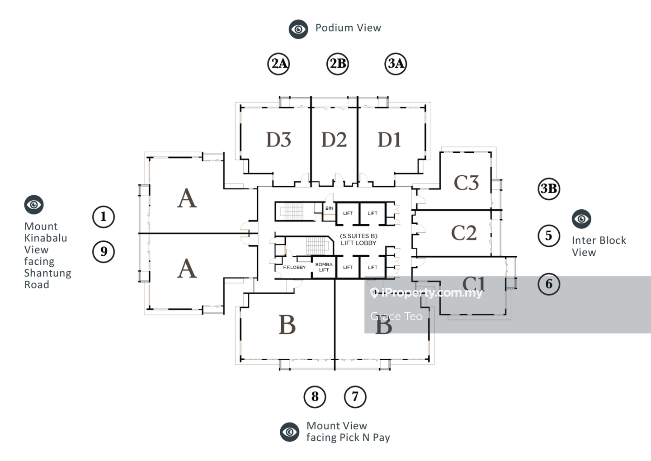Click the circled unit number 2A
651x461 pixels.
click(x=278, y=64)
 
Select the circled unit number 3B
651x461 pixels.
click(x=549, y=188)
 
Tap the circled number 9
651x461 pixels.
click(x=104, y=252)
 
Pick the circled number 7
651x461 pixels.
click(x=355, y=397)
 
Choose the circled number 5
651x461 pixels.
click(x=549, y=235)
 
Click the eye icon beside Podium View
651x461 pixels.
click(x=298, y=29)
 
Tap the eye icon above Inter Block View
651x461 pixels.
click(x=581, y=219)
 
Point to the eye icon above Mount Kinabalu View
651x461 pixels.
click(x=34, y=205)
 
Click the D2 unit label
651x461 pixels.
click(x=334, y=140)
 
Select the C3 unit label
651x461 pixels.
click(x=466, y=183)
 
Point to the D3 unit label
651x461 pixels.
click(x=278, y=140)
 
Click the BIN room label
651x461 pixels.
click(x=329, y=208)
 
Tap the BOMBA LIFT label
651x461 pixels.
click(x=324, y=267)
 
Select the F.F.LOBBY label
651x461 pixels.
click(x=294, y=267)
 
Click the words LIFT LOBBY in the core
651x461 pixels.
click(x=359, y=243)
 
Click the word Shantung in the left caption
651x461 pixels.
click(x=47, y=273)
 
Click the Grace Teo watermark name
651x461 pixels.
click(x=396, y=316)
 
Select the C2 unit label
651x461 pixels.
click(x=464, y=233)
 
